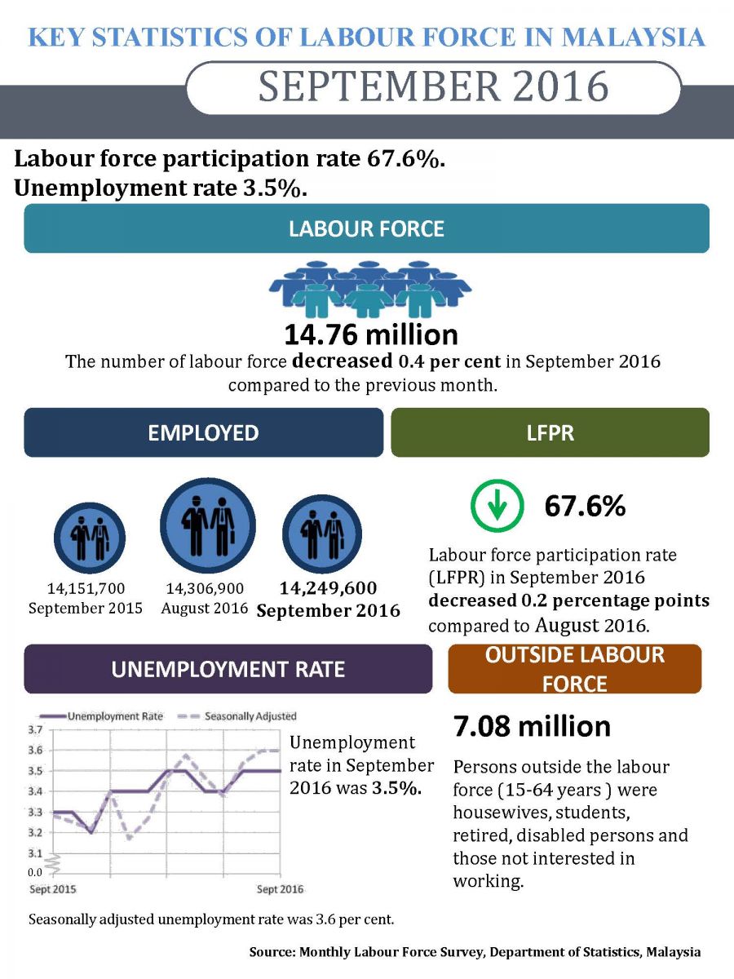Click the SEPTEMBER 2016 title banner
tap(433, 87)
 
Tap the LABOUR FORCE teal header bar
tap(366, 228)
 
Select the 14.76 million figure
tap(370, 335)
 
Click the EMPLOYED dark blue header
tap(203, 432)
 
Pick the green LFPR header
tap(550, 432)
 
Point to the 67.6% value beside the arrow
tap(585, 507)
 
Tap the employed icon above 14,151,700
tap(89, 534)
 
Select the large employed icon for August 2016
tap(208, 525)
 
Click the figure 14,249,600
tap(328, 589)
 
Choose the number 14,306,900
tap(204, 588)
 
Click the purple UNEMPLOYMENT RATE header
tap(228, 670)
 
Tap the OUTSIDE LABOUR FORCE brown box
tap(574, 669)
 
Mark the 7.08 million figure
tap(531, 726)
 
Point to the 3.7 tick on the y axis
tap(36, 729)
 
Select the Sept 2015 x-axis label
tap(48, 888)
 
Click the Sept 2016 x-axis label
tap(281, 888)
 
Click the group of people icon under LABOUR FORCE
tap(370, 288)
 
